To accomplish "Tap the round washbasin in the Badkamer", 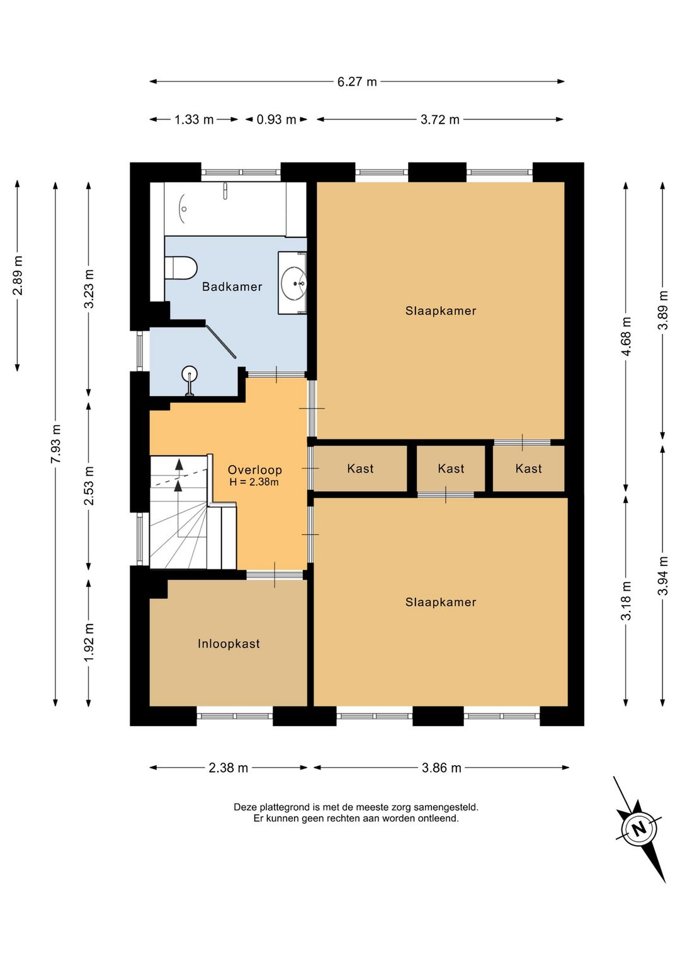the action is (294, 283).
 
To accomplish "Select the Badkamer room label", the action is (232, 287).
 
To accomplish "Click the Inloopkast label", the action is (229, 644).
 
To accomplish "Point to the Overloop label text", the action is (255, 470).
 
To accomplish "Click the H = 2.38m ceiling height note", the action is (254, 482).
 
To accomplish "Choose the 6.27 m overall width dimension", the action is (357, 81).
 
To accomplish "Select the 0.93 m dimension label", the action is (276, 119).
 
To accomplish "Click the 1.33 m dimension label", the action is (194, 119).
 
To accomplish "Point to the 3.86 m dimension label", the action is (441, 768).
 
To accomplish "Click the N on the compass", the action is (640, 827).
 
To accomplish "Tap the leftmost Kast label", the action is (360, 469).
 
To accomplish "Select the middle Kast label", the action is (451, 469).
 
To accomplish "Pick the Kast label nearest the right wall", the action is (528, 469).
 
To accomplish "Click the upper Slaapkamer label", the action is (441, 310).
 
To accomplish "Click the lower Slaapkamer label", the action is (441, 602).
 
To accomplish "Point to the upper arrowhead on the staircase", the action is (179, 463).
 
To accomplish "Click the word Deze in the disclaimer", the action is (243, 807).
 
